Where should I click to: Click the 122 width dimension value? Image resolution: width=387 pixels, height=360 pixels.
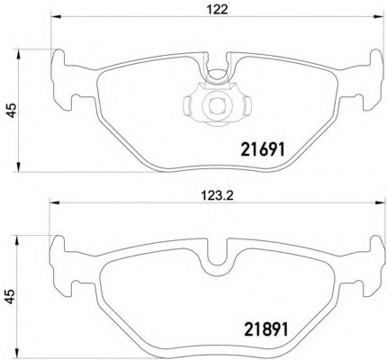[217, 10]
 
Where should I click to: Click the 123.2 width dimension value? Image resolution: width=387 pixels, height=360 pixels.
[217, 196]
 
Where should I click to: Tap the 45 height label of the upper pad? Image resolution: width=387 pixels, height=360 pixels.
[12, 110]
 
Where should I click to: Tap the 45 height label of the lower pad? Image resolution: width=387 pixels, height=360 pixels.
[10, 296]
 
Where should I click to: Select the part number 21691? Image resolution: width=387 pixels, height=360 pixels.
[263, 149]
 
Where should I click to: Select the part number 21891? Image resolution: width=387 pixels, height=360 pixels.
[266, 329]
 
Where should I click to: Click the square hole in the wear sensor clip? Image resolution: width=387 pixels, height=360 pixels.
[217, 106]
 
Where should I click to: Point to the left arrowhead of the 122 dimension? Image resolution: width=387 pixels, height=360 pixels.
[57, 17]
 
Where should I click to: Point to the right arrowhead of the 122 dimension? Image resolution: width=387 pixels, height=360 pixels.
[379, 17]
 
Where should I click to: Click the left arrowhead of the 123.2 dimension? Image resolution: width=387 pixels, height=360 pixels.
[54, 203]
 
